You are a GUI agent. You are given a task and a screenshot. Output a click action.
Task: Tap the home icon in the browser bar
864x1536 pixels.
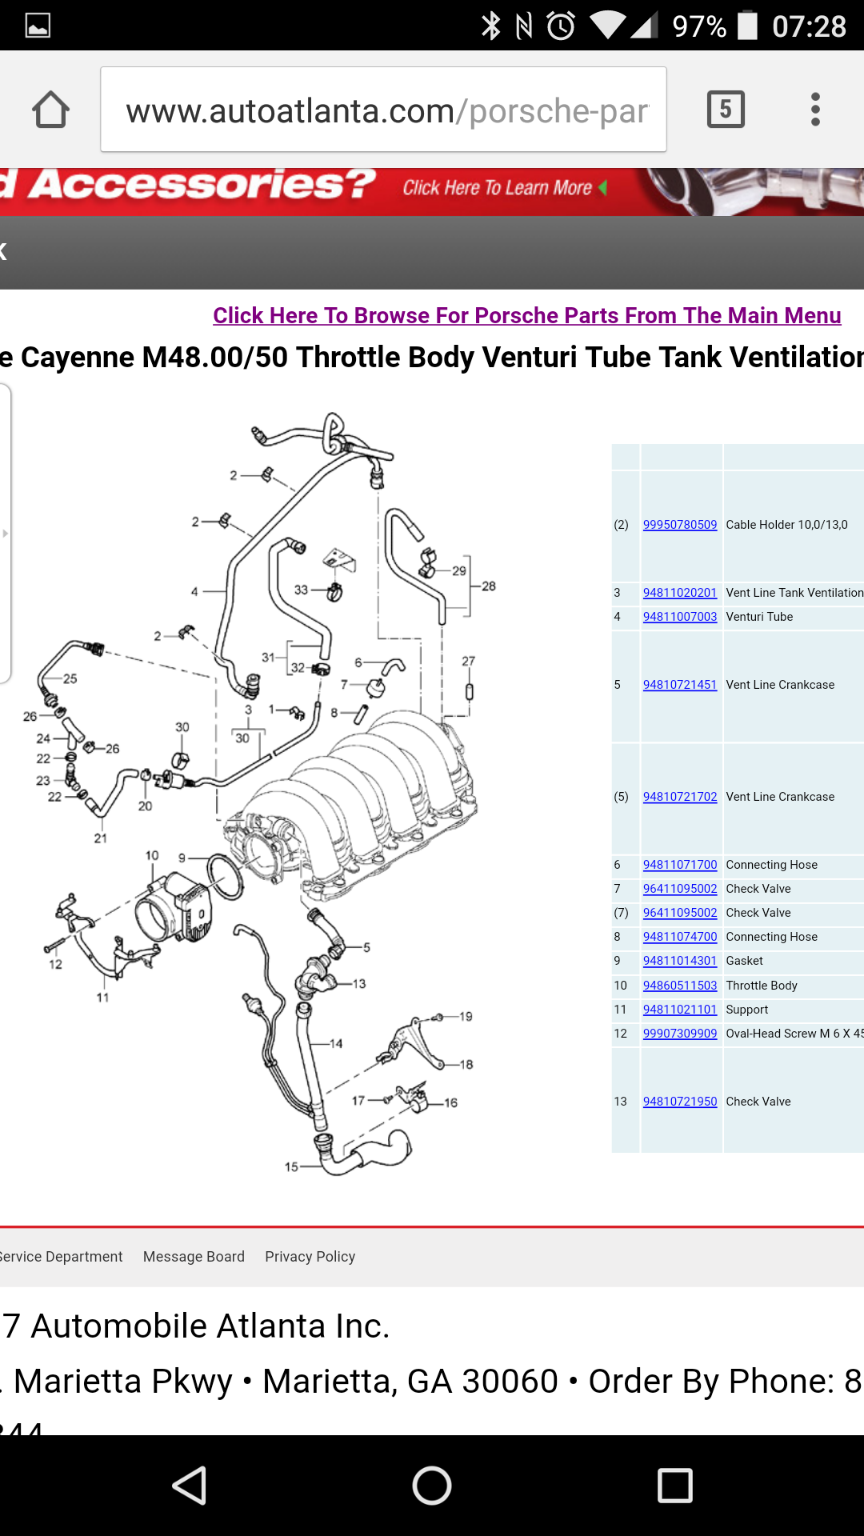point(50,110)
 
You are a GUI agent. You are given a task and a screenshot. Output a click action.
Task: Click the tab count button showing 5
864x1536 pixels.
point(726,109)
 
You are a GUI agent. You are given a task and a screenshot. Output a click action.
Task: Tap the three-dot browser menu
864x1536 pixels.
point(815,109)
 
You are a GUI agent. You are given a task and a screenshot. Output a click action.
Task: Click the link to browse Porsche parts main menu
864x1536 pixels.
point(526,315)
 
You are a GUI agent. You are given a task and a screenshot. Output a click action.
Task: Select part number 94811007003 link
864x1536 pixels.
point(679,617)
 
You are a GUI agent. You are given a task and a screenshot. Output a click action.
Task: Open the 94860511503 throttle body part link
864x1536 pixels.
point(679,986)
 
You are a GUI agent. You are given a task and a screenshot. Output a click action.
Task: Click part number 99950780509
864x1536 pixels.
point(679,525)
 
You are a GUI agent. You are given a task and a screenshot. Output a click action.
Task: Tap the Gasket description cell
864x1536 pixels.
point(744,961)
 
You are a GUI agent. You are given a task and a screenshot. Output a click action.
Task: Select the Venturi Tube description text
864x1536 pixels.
point(759,617)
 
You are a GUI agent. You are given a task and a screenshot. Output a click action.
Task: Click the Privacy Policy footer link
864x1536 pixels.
point(310,1257)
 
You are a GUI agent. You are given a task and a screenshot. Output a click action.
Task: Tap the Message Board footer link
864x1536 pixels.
point(194,1257)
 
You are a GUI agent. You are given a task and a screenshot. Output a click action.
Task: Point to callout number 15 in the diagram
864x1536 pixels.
point(291,1166)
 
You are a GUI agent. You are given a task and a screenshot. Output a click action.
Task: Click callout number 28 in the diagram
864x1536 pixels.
point(489,586)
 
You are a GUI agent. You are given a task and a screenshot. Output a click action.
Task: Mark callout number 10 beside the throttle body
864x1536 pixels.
point(152,855)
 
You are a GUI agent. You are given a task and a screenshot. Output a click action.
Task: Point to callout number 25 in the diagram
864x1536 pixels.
point(70,678)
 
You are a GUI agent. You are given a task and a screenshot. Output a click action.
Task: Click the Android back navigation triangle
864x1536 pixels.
point(190,1486)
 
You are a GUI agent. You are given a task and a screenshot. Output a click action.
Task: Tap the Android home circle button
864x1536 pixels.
point(432,1486)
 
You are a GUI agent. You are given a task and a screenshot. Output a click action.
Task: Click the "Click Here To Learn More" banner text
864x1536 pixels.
point(498,188)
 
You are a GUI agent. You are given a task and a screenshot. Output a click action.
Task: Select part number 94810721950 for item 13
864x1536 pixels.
point(679,1102)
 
